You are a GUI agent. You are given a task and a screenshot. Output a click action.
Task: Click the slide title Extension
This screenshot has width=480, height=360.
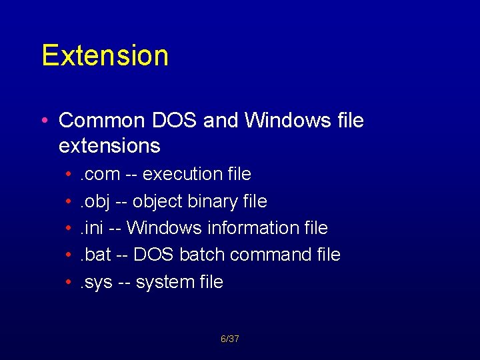[105, 55]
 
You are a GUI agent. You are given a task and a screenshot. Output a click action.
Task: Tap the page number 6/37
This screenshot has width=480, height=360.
[230, 339]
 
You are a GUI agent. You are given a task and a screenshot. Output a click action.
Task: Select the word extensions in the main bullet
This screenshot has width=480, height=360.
[109, 145]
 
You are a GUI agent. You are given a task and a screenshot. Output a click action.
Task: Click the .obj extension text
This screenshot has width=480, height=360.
[95, 201]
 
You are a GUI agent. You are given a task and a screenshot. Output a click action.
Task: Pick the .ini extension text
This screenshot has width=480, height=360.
[92, 228]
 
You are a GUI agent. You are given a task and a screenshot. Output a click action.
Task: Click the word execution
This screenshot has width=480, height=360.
[183, 175]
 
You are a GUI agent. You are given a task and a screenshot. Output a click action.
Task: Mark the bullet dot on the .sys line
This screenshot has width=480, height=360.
[69, 283]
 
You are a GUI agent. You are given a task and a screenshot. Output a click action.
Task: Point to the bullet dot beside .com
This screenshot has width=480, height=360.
[69, 175]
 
